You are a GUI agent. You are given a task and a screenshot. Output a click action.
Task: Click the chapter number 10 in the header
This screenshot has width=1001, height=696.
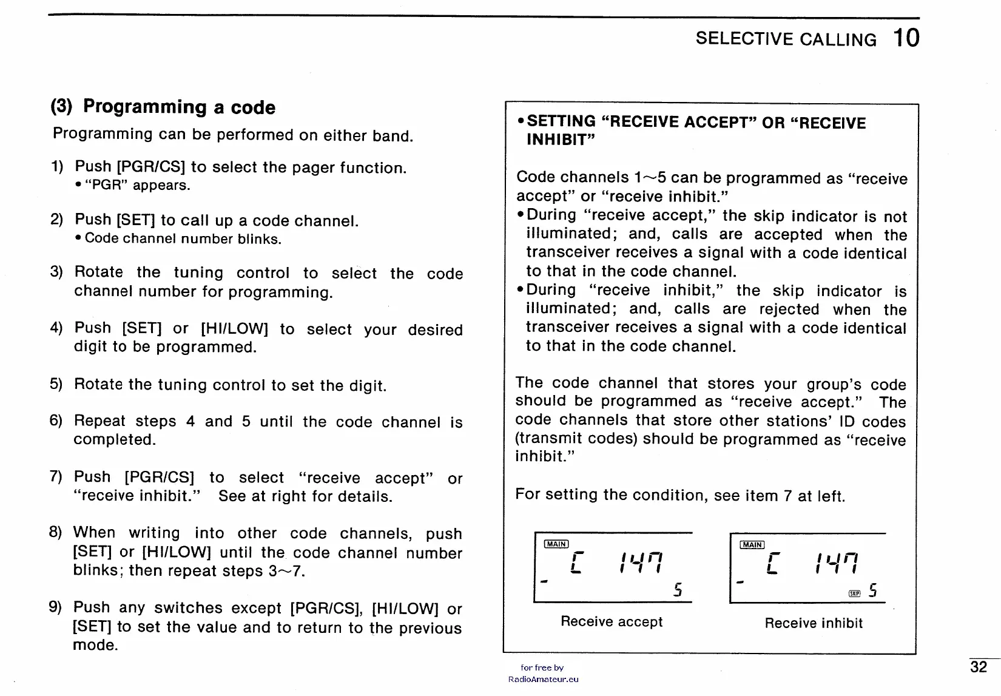906,38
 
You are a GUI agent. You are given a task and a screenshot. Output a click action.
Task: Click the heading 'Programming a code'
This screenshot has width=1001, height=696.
179,107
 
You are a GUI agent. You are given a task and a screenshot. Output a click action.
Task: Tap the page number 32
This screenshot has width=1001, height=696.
979,667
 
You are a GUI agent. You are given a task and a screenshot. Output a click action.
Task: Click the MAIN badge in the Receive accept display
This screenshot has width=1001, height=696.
556,544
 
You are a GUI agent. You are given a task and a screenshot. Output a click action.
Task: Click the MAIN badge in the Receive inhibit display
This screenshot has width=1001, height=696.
752,545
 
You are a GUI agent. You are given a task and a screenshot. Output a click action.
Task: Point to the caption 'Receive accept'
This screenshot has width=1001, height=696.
612,622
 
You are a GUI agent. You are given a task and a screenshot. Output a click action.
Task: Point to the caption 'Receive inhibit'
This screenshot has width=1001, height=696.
814,623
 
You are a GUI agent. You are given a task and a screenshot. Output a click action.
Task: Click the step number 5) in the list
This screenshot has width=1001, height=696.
56,384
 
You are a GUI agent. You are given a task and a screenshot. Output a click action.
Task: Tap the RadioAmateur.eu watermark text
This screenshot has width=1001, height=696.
544,680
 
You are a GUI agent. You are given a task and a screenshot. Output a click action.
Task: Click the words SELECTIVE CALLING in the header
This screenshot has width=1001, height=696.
786,39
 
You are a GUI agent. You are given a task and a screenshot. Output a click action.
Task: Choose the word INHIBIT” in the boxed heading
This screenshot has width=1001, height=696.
561,140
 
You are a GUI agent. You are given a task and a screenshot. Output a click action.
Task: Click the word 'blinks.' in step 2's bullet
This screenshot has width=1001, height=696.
260,239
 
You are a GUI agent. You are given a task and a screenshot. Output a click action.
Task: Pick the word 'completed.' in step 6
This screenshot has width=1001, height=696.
115,440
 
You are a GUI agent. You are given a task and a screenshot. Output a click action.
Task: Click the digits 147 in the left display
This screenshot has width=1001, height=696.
640,563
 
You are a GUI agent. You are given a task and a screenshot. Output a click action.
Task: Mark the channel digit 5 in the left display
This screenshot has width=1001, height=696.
678,590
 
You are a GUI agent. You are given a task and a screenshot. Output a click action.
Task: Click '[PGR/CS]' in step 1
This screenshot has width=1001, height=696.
151,167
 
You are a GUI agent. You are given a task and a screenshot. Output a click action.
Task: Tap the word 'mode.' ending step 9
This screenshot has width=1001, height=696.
95,645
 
